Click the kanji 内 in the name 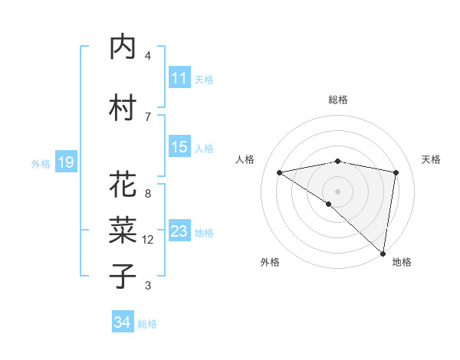click(123, 48)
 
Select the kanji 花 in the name click(123, 185)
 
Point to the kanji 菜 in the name click(123, 230)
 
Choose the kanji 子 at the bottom click(123, 277)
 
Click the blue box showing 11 click(179, 78)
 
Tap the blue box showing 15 click(179, 147)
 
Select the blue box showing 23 click(179, 231)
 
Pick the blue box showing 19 click(66, 162)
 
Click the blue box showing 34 click(123, 322)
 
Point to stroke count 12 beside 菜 click(148, 240)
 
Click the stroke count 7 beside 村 click(148, 116)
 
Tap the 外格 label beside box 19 click(41, 163)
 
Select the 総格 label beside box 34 click(148, 324)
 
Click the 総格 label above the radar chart click(337, 100)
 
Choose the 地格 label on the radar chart click(402, 262)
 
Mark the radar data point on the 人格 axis click(279, 172)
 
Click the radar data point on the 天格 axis click(396, 172)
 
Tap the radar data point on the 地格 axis click(383, 253)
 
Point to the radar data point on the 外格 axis click(329, 204)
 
